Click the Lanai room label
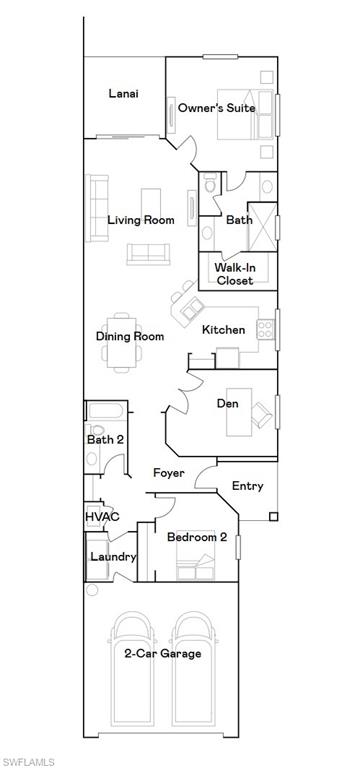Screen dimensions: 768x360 (x=123, y=94)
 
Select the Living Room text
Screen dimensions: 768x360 (x=141, y=220)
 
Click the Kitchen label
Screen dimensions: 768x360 (x=223, y=329)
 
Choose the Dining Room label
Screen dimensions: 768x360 (x=130, y=337)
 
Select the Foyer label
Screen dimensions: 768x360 (x=168, y=472)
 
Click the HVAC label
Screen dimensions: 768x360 (x=102, y=516)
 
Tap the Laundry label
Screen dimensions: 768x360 (x=113, y=556)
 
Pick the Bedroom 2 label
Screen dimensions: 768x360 (x=197, y=537)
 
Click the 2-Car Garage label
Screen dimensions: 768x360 (x=163, y=653)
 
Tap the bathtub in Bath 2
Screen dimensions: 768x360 (x=104, y=412)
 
